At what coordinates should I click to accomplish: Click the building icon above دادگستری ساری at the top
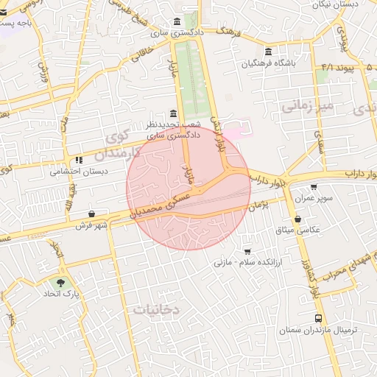point(176,21)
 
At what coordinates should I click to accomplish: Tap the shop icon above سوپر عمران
point(314,187)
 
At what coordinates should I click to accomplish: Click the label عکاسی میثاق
point(298,230)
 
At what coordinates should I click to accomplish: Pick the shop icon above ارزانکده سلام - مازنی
point(247,251)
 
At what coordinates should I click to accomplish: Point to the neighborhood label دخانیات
point(155,310)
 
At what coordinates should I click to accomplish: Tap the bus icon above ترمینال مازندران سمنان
point(318,319)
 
